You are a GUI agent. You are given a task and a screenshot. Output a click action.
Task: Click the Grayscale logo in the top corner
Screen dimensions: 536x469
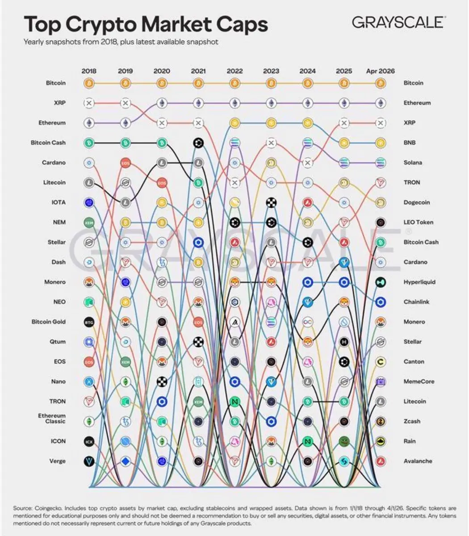(398, 22)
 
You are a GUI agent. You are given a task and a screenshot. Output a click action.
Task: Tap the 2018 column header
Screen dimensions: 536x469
(89, 71)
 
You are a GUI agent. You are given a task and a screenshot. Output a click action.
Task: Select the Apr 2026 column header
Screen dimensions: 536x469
(380, 71)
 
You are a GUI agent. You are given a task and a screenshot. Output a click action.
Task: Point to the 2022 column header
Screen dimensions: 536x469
(234, 71)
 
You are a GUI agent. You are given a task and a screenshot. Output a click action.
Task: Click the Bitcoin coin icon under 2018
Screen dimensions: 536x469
(89, 83)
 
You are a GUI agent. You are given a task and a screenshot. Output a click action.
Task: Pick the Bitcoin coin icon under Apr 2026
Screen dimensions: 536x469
(380, 83)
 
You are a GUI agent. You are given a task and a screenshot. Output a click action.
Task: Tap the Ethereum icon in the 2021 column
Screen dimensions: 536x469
(198, 103)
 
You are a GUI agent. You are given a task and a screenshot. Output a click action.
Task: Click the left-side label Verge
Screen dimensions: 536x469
(57, 461)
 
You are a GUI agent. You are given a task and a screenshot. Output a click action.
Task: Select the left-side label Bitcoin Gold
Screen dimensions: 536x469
(48, 322)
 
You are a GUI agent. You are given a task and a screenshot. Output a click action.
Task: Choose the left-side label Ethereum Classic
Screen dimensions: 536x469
(52, 419)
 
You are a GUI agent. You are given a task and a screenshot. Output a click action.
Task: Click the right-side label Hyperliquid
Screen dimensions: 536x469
(419, 282)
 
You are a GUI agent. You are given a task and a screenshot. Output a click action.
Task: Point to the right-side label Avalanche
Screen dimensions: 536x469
(418, 461)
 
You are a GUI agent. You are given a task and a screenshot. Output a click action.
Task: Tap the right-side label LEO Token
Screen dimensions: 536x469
(418, 222)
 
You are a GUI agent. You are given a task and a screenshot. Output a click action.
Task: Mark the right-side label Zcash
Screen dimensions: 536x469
(412, 421)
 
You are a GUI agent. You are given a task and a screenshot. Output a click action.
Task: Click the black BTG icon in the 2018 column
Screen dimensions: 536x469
(89, 322)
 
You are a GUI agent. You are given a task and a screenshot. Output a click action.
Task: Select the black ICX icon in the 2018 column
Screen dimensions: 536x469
(89, 441)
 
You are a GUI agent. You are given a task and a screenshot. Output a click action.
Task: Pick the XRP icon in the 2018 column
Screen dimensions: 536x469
(89, 103)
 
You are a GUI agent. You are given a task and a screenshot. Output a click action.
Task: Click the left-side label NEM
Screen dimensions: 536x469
(59, 222)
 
